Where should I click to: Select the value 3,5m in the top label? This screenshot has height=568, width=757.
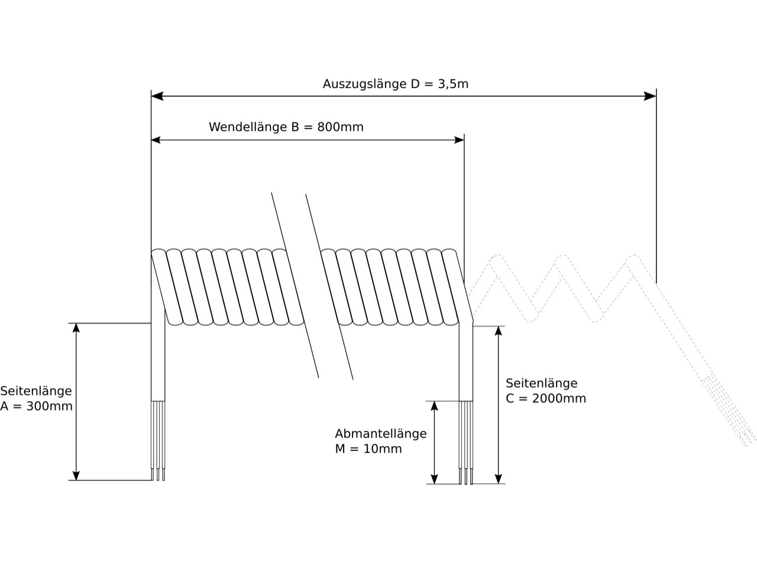[453, 84]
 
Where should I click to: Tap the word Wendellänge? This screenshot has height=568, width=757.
[248, 127]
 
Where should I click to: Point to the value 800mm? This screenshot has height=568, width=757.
[341, 127]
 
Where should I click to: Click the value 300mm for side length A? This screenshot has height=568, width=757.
[49, 406]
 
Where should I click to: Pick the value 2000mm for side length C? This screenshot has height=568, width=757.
[559, 398]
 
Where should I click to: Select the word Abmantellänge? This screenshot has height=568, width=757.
[380, 434]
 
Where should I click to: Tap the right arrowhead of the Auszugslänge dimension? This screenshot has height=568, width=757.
[651, 96]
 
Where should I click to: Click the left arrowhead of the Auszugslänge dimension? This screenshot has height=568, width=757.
[157, 96]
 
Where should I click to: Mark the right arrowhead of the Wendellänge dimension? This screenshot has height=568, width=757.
[459, 140]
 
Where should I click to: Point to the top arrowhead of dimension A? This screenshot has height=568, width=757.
[76, 329]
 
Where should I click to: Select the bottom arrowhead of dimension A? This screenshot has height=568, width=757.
[76, 475]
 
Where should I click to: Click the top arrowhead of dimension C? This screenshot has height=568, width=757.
[499, 332]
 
